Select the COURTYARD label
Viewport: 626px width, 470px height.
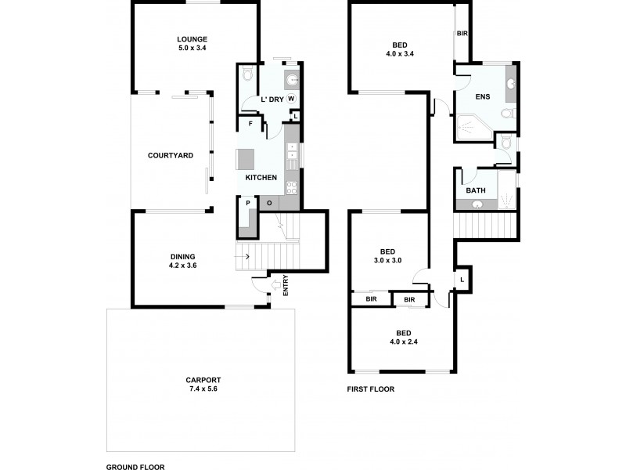[x=171, y=155]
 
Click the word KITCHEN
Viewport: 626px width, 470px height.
[x=261, y=178]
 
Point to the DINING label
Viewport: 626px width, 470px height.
[x=183, y=256]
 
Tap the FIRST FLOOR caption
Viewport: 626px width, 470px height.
[x=370, y=389]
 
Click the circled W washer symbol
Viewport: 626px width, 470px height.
[x=290, y=99]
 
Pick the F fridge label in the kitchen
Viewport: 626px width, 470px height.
[x=250, y=124]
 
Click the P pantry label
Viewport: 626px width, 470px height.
[x=248, y=203]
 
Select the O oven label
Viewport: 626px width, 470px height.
[x=268, y=203]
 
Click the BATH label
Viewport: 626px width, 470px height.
[x=476, y=190]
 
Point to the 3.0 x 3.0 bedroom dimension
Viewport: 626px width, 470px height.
[x=387, y=260]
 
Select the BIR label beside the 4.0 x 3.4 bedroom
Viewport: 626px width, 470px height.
[x=462, y=34]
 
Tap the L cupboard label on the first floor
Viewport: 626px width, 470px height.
[x=462, y=280]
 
